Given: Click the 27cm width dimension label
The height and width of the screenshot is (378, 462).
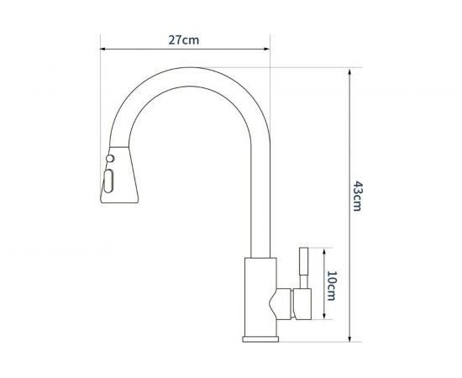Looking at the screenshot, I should [184, 39].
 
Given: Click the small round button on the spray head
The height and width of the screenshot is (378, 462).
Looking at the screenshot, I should [109, 158].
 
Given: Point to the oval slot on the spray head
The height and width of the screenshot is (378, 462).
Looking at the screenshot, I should [108, 179].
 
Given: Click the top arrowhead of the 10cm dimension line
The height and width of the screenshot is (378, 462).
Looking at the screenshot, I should [324, 249].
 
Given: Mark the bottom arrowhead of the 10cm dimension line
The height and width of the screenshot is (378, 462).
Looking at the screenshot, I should [324, 320].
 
